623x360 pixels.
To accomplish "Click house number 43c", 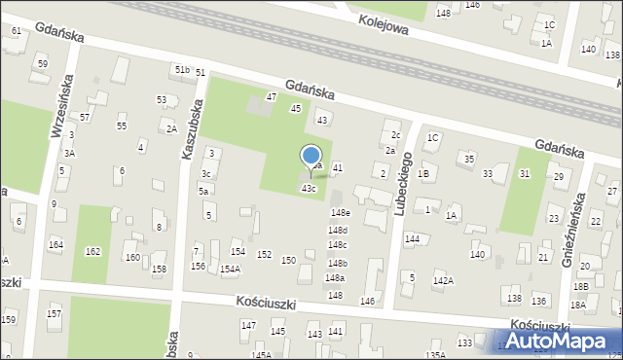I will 308,188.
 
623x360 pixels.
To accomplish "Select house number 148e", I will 340,212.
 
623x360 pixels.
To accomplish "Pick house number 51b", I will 181,69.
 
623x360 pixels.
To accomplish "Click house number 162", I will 92,251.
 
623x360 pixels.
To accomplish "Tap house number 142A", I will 443,280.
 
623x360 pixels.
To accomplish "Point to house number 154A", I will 230,270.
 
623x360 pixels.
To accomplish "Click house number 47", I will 272,97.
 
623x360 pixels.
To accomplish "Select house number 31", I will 525,173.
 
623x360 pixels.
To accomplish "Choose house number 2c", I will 395,134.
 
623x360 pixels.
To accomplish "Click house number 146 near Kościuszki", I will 367,302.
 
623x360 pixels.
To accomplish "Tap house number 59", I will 42,63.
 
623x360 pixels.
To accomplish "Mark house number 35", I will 469,158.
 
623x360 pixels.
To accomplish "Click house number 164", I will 55,244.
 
